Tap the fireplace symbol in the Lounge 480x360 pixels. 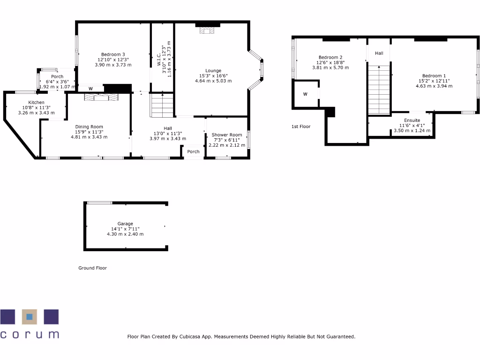click(x=205, y=31)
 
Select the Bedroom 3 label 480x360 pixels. click(x=113, y=54)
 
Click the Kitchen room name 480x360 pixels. click(x=37, y=102)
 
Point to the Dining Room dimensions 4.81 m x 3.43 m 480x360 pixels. click(x=89, y=137)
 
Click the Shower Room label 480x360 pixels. click(x=226, y=135)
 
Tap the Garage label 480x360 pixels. click(x=125, y=224)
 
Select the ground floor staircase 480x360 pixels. click(x=162, y=105)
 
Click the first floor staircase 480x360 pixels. click(x=379, y=90)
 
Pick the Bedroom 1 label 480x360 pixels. click(x=434, y=76)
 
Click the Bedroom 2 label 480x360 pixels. click(x=330, y=57)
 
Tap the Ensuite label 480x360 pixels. click(x=412, y=120)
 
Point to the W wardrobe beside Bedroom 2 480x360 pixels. click(x=305, y=94)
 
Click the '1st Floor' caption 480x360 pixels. click(x=301, y=127)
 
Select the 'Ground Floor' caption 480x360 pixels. click(x=92, y=268)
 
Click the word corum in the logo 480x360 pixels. click(x=30, y=334)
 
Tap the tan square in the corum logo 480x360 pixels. click(x=30, y=317)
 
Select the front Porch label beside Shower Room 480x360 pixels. click(x=193, y=151)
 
